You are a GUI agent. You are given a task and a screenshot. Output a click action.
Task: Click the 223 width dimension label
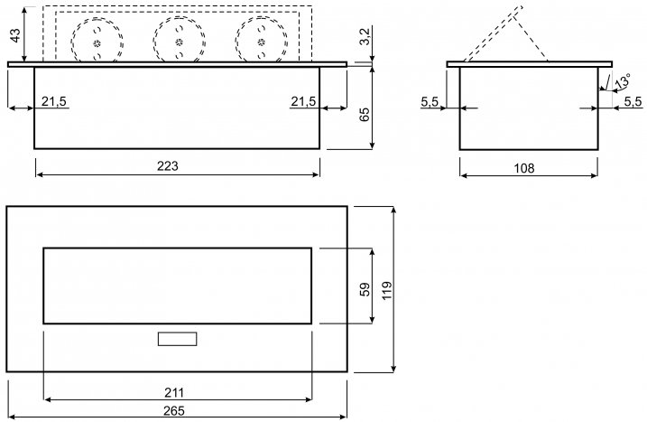[168, 166]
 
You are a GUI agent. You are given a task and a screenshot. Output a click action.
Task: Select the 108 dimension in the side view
[524, 168]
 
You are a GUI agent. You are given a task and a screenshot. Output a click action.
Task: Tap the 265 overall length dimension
[174, 411]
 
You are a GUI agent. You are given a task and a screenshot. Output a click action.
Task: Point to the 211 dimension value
[174, 392]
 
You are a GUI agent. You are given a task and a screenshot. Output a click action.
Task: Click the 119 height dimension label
[386, 290]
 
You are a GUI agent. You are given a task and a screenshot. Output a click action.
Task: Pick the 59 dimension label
[365, 289]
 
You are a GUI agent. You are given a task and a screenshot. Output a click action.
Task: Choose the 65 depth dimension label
[364, 114]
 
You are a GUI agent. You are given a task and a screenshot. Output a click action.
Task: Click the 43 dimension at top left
[14, 35]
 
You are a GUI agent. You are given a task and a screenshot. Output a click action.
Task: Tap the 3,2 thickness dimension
[365, 36]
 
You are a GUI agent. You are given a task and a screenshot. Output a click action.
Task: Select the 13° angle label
[623, 81]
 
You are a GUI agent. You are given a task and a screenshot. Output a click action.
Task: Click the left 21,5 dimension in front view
[53, 101]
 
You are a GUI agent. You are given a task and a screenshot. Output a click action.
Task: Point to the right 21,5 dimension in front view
[303, 101]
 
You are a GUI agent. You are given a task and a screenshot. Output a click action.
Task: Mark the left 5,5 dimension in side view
[430, 102]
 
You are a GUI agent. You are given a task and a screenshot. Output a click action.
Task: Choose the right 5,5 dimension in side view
[633, 102]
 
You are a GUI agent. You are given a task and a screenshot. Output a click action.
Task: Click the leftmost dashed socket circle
[71, 42]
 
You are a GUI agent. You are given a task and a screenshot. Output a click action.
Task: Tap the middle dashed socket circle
[153, 42]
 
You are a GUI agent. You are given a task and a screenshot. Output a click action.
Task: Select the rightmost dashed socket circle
[236, 42]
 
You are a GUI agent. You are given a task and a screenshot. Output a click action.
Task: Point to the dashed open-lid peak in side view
[521, 7]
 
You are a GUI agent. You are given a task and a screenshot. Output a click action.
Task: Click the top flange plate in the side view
[530, 64]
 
